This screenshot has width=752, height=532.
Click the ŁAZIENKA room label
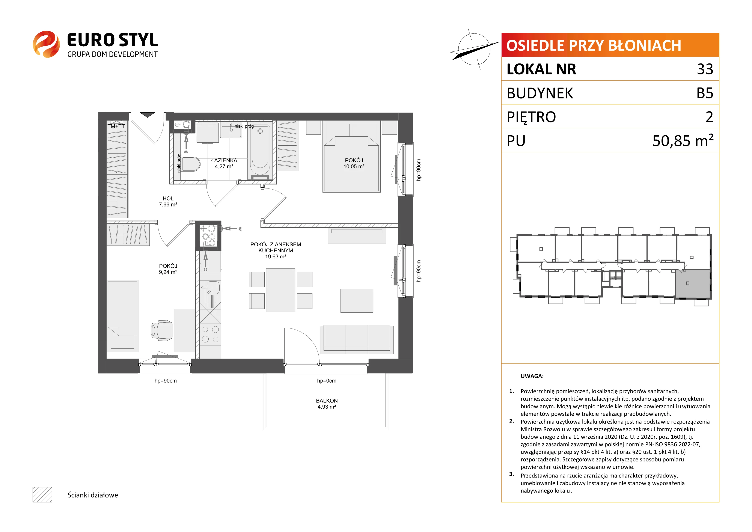pyautogui.click(x=224, y=161)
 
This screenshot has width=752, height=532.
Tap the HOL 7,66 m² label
pyautogui.click(x=168, y=202)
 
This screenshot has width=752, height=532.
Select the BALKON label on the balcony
pyautogui.click(x=327, y=401)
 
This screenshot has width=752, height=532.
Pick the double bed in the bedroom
pyautogui.click(x=351, y=157)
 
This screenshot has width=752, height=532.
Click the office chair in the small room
pyautogui.click(x=161, y=330)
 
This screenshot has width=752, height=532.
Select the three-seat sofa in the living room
pyautogui.click(x=357, y=339)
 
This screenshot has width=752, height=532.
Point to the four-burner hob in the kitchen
pyautogui.click(x=210, y=334)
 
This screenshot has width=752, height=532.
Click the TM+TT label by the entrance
pyautogui.click(x=116, y=126)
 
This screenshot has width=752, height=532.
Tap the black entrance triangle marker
pyautogui.click(x=147, y=115)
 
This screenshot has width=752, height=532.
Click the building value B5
pyautogui.click(x=705, y=93)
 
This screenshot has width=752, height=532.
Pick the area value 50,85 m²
pyautogui.click(x=683, y=140)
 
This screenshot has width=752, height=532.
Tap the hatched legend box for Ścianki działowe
pyautogui.click(x=42, y=495)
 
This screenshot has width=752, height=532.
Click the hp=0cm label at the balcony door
pyautogui.click(x=327, y=381)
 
